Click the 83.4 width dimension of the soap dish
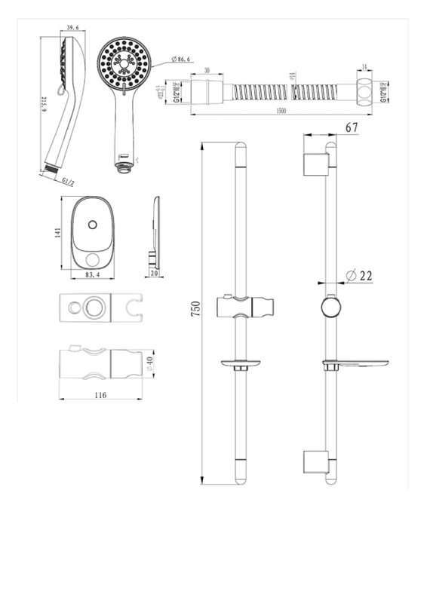click(92, 276)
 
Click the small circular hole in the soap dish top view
click(91, 224)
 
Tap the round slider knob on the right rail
click(330, 308)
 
